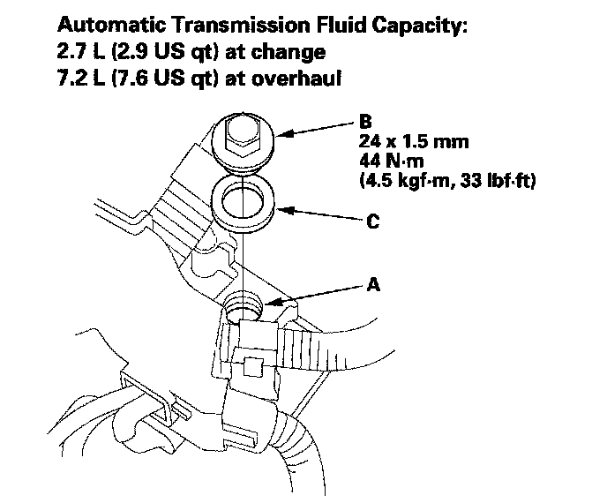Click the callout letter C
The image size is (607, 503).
click(x=373, y=222)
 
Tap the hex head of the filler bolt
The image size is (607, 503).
click(x=241, y=133)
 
